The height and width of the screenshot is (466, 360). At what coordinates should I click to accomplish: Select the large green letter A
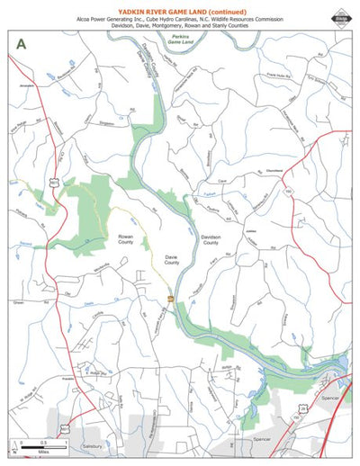[x=19, y=42]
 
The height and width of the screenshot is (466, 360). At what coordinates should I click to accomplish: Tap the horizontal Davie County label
[x=171, y=259]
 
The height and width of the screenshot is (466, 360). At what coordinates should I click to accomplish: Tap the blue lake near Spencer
[x=341, y=365]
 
